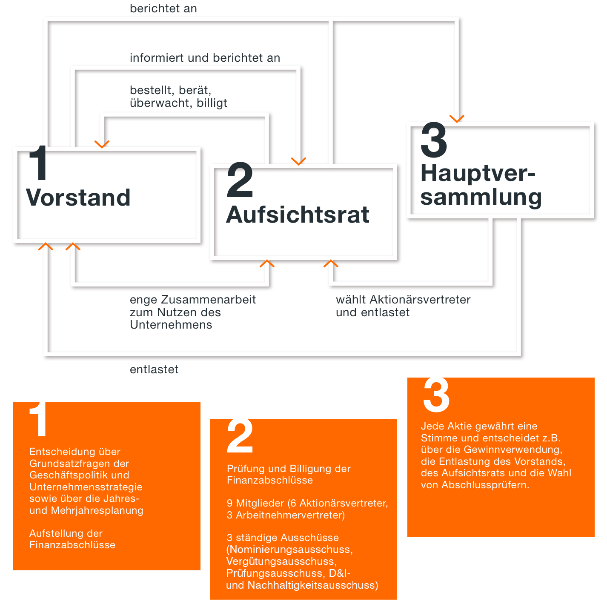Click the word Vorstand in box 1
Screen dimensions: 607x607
(78, 198)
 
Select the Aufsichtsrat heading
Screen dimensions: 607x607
(298, 215)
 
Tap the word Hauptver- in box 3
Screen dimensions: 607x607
(478, 174)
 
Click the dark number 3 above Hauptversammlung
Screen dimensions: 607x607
(434, 140)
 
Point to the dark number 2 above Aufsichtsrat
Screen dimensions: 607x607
(240, 180)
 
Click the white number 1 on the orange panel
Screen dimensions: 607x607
(38, 419)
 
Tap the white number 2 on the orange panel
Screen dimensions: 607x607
(240, 436)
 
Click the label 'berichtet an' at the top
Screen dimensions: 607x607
(163, 9)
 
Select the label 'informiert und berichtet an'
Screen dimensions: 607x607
(205, 58)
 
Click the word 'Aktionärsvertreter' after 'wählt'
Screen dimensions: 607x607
(420, 300)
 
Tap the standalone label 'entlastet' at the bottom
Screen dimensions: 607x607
(154, 369)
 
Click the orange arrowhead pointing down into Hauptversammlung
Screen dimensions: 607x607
(457, 119)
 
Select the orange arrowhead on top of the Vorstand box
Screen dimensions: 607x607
(102, 144)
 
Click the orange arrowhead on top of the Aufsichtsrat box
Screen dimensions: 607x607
(299, 161)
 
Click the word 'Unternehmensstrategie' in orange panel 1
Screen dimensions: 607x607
(86, 487)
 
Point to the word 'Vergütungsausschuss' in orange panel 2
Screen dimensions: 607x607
(281, 561)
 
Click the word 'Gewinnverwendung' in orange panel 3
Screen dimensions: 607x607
(513, 450)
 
